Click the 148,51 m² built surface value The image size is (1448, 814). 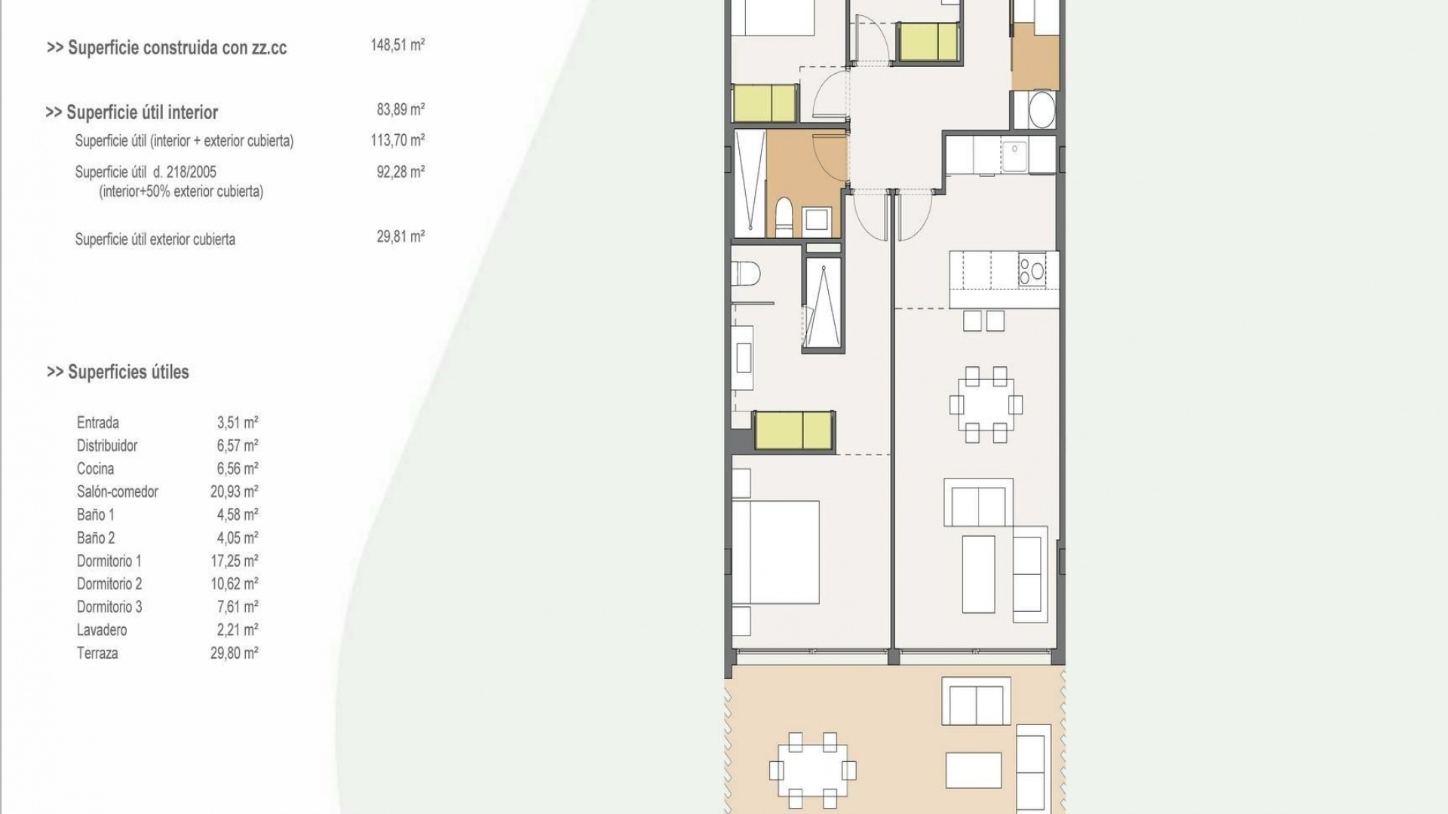click(397, 45)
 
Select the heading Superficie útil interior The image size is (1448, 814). click(132, 112)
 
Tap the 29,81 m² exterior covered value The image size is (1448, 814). click(400, 237)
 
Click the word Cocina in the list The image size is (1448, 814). click(96, 469)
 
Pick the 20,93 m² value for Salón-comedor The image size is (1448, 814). click(235, 491)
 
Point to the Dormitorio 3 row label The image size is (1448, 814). click(109, 607)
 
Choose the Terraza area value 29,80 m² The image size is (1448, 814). click(235, 653)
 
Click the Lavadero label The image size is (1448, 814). click(102, 630)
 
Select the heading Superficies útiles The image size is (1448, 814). click(118, 372)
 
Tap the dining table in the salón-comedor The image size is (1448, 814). click(986, 405)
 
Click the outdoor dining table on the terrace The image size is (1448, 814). click(812, 770)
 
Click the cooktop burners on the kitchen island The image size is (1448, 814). click(1032, 271)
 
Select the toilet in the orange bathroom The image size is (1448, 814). click(784, 215)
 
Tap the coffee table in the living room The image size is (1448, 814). click(979, 574)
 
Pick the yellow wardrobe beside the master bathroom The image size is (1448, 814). click(793, 431)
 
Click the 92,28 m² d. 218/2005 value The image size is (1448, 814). click(400, 172)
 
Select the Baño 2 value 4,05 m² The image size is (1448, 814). click(238, 538)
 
